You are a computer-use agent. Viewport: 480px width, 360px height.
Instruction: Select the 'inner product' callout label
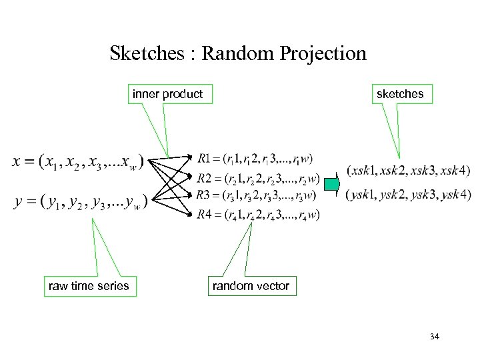pyautogui.click(x=167, y=94)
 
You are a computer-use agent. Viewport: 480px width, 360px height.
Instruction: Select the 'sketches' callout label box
pyautogui.click(x=400, y=94)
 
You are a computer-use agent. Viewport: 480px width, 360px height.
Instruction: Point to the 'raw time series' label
pyautogui.click(x=89, y=286)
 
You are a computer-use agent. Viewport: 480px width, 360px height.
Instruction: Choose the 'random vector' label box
pyautogui.click(x=251, y=286)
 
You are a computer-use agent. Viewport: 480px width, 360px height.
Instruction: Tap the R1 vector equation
pyautogui.click(x=255, y=159)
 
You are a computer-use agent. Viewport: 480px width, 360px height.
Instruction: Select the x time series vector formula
pyautogui.click(x=79, y=162)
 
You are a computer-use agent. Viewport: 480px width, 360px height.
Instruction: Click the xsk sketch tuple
pyautogui.click(x=408, y=170)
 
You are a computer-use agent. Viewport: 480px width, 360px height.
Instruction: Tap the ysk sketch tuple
pyautogui.click(x=408, y=195)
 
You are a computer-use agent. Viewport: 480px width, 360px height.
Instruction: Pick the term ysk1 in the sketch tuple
pyautogui.click(x=366, y=195)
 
